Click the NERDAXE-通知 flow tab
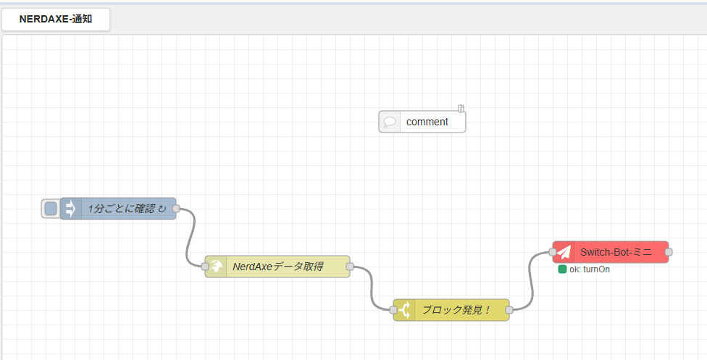56,20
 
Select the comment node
422,122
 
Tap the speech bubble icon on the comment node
390,122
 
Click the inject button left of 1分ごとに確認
51,209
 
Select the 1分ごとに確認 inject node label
127,209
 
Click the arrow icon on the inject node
71,209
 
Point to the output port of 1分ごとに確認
176,209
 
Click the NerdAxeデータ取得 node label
278,267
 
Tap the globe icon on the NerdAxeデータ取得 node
216,267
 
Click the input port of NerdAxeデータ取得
205,267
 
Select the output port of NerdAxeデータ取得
349,267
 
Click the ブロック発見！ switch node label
456,310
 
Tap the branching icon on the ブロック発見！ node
404,310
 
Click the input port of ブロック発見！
393,310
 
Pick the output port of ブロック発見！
509,310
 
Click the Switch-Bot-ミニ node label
616,252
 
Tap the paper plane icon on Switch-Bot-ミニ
564,252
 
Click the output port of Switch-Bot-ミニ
669,252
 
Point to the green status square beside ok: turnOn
562,269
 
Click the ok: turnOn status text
590,269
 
